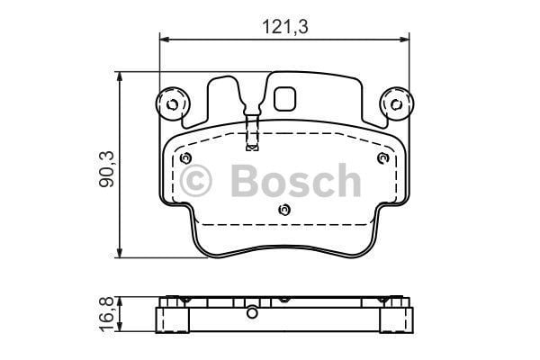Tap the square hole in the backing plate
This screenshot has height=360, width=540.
click(x=287, y=97)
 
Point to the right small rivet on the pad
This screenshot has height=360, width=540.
click(x=382, y=158)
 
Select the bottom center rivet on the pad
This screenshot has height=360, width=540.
click(x=284, y=211)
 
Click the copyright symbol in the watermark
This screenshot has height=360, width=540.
click(x=198, y=183)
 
